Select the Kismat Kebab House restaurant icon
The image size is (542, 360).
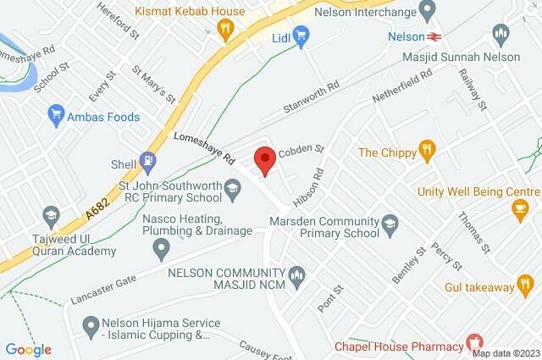(225, 30)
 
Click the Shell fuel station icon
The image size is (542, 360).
(148, 158)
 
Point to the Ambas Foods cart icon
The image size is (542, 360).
(58, 112)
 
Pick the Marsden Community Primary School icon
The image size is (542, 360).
(390, 224)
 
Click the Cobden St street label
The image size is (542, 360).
(302, 147)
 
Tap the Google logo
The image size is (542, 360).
(28, 350)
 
